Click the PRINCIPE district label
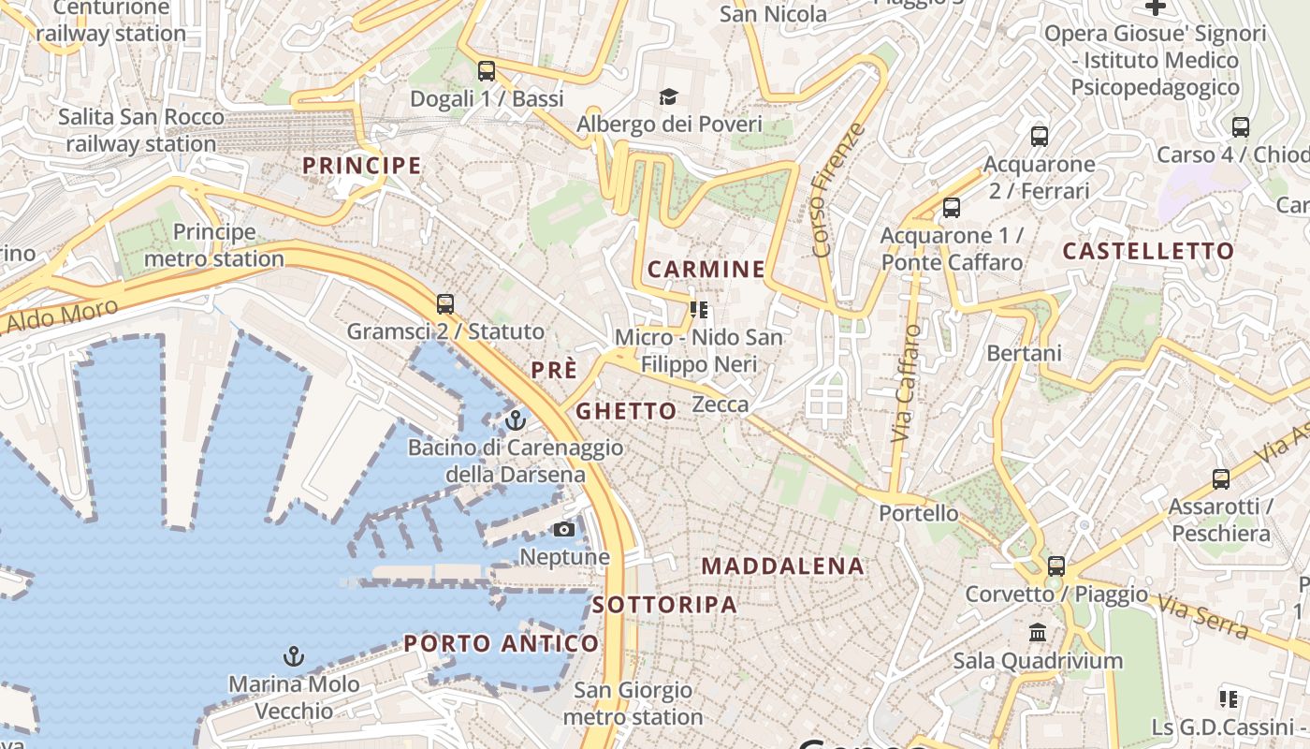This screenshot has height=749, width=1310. [361, 166]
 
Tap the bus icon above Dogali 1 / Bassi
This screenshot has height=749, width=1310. [486, 70]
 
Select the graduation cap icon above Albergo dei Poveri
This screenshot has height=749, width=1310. [668, 96]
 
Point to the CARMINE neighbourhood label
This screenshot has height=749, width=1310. [706, 270]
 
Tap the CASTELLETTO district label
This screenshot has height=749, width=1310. [1149, 251]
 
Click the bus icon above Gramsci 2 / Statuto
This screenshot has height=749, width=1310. [445, 304]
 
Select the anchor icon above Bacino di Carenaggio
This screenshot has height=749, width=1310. [515, 420]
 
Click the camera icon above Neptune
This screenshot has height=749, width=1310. [563, 530]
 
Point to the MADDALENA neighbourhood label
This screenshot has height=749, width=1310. [782, 565]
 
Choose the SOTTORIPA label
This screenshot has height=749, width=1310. [664, 605]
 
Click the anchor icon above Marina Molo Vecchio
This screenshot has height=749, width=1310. [294, 656]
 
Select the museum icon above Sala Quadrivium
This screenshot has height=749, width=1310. [1038, 633]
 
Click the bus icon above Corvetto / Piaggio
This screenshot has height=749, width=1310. [1056, 565]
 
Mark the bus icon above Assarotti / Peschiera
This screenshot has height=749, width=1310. [1221, 479]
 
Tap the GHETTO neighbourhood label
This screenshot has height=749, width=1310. [626, 411]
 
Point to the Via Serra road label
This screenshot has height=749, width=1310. [1203, 618]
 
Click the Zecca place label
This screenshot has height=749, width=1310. [720, 404]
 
